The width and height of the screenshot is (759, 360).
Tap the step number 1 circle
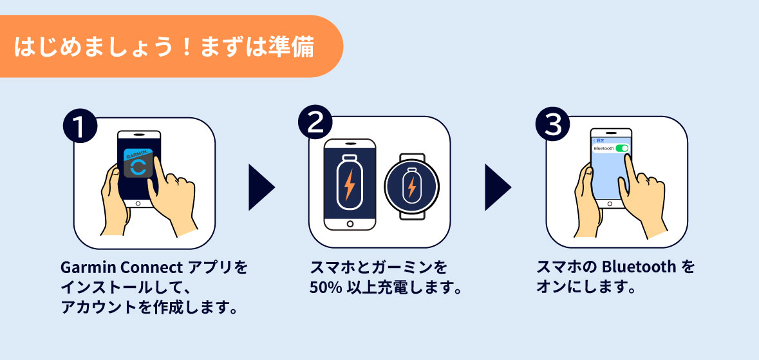pos(80,126)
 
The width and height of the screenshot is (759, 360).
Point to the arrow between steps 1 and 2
pos(261,187)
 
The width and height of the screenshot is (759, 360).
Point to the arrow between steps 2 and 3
pos(497,187)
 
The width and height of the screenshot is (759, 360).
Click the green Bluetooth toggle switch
pos(622,148)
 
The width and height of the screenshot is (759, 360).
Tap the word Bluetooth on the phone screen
pos(603,148)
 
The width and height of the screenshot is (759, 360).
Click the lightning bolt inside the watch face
pos(411,187)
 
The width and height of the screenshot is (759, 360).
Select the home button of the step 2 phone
pos(350,223)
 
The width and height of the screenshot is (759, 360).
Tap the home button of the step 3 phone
pos(610,202)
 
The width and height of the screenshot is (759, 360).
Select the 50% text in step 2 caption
pos(323,287)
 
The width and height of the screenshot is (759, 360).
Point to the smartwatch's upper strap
pos(412,158)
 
